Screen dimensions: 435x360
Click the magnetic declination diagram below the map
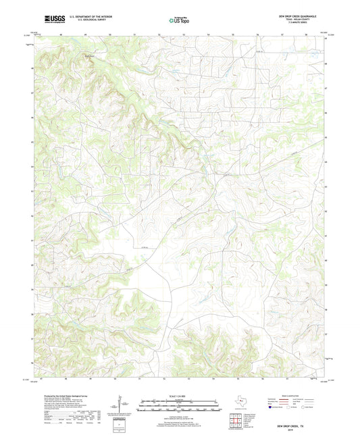(x=122, y=405)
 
